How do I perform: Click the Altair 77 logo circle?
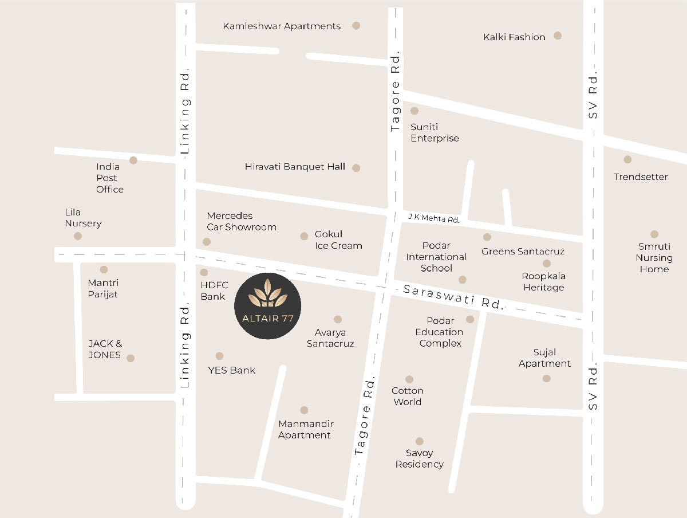pyautogui.click(x=268, y=306)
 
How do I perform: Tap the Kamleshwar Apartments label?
pyautogui.click(x=282, y=26)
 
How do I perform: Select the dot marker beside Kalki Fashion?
pyautogui.click(x=558, y=36)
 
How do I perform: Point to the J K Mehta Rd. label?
pyautogui.click(x=433, y=218)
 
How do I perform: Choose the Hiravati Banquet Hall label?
pyautogui.click(x=295, y=167)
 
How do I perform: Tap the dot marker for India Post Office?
pyautogui.click(x=133, y=160)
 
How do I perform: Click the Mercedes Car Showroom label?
pyautogui.click(x=242, y=221)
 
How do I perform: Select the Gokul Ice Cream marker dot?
pyautogui.click(x=304, y=236)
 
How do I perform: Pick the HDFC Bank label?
pyautogui.click(x=214, y=291)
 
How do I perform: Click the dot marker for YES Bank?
pyautogui.click(x=219, y=356)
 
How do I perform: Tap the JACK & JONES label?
pyautogui.click(x=105, y=350)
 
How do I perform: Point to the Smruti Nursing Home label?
pyautogui.click(x=654, y=258)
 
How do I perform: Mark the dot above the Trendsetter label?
pyautogui.click(x=627, y=159)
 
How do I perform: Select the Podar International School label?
pyautogui.click(x=436, y=257)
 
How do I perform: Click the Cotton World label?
pyautogui.click(x=408, y=397)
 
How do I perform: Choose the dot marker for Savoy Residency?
pyautogui.click(x=420, y=441)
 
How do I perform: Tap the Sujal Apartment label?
pyautogui.click(x=544, y=358)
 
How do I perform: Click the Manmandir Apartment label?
pyautogui.click(x=306, y=430)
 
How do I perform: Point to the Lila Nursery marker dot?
pyautogui.click(x=78, y=236)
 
